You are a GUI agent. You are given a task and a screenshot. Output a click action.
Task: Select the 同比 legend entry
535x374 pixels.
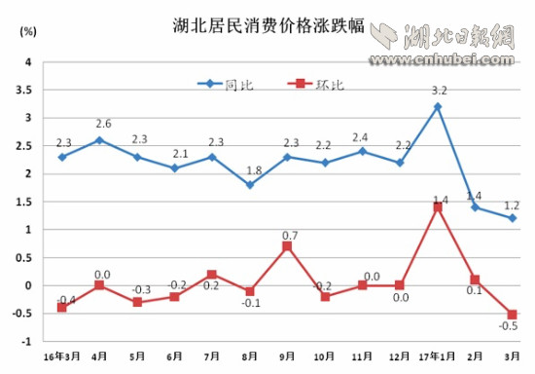pyautogui.click(x=227, y=85)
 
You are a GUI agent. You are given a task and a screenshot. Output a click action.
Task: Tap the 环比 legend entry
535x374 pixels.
pyautogui.click(x=318, y=85)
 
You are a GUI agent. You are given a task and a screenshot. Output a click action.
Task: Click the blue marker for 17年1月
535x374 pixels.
pyautogui.click(x=438, y=106)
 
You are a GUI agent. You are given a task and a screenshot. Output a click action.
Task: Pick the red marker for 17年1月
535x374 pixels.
pyautogui.click(x=438, y=207)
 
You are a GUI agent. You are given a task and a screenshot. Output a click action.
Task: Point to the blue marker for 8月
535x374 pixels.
pyautogui.click(x=250, y=185)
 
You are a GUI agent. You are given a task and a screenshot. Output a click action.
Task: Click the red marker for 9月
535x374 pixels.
pyautogui.click(x=288, y=246)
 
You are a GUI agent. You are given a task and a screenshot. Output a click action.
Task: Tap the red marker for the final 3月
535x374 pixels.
pyautogui.click(x=512, y=315)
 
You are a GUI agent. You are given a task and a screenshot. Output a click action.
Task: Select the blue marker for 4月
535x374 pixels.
pyautogui.click(x=99, y=140)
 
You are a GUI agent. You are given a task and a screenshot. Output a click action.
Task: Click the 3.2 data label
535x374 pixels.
pyautogui.click(x=440, y=91)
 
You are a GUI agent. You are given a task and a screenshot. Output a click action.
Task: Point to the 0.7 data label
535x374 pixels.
pyautogui.click(x=289, y=234)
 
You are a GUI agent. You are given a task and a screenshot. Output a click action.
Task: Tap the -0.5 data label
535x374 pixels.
pyautogui.click(x=509, y=328)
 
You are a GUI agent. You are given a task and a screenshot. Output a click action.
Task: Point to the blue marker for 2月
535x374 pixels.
pyautogui.click(x=476, y=207)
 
